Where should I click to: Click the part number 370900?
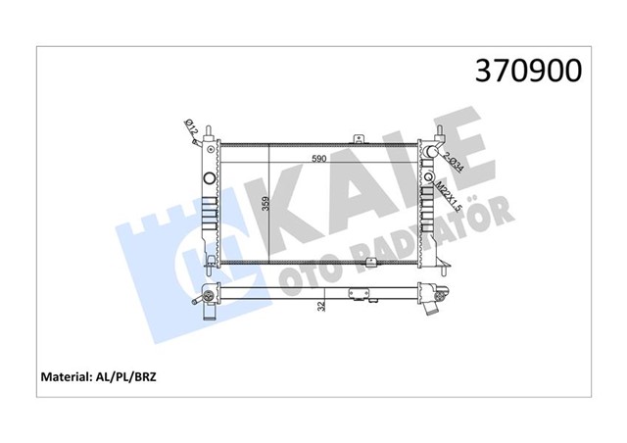click(x=528, y=70)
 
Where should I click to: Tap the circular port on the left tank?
click(x=208, y=178)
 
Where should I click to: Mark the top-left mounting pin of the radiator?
click(x=207, y=129)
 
